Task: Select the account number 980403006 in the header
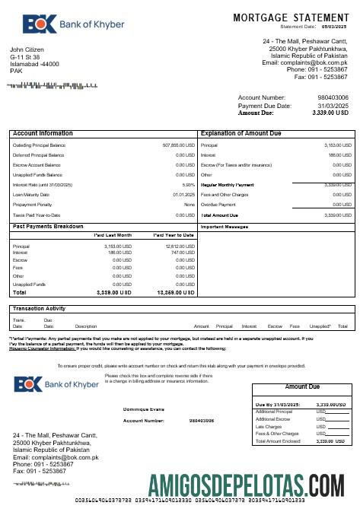click(333, 98)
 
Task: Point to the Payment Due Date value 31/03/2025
click(333, 106)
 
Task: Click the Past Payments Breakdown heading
click(49, 227)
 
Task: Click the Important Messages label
click(225, 227)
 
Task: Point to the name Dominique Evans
click(145, 409)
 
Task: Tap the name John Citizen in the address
click(27, 49)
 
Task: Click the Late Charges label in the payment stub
click(269, 426)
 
